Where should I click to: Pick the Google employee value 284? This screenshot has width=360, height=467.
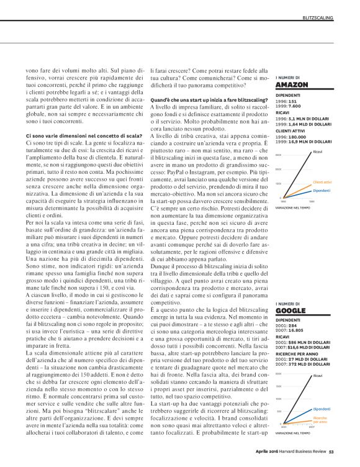pyautogui.click(x=294, y=325)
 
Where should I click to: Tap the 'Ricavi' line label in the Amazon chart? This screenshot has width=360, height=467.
pyautogui.click(x=318, y=152)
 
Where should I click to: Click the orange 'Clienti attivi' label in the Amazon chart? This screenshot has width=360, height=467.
pyautogui.click(x=322, y=182)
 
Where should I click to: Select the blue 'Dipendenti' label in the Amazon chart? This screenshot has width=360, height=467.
pyautogui.click(x=321, y=190)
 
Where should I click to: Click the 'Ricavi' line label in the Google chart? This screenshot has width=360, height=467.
pyautogui.click(x=318, y=376)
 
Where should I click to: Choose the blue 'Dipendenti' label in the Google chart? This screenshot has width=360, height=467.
pyautogui.click(x=322, y=409)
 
